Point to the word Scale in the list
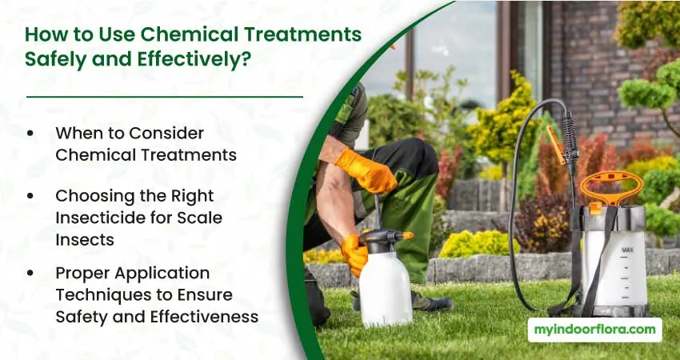coord(201,218)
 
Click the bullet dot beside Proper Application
coord(30,274)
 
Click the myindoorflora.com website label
coord(594,330)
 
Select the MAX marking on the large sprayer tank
coord(627,250)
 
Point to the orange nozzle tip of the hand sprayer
coord(408,235)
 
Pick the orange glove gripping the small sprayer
coord(354,254)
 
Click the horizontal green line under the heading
coord(165,97)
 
